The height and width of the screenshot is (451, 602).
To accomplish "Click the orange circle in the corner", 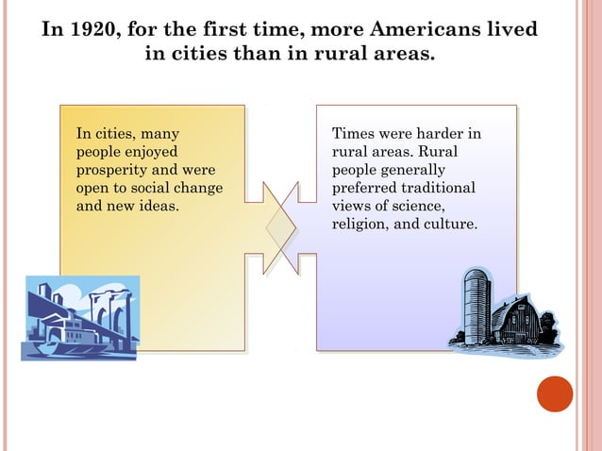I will [x=555, y=393].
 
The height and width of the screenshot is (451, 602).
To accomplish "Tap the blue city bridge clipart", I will [x=80, y=316].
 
